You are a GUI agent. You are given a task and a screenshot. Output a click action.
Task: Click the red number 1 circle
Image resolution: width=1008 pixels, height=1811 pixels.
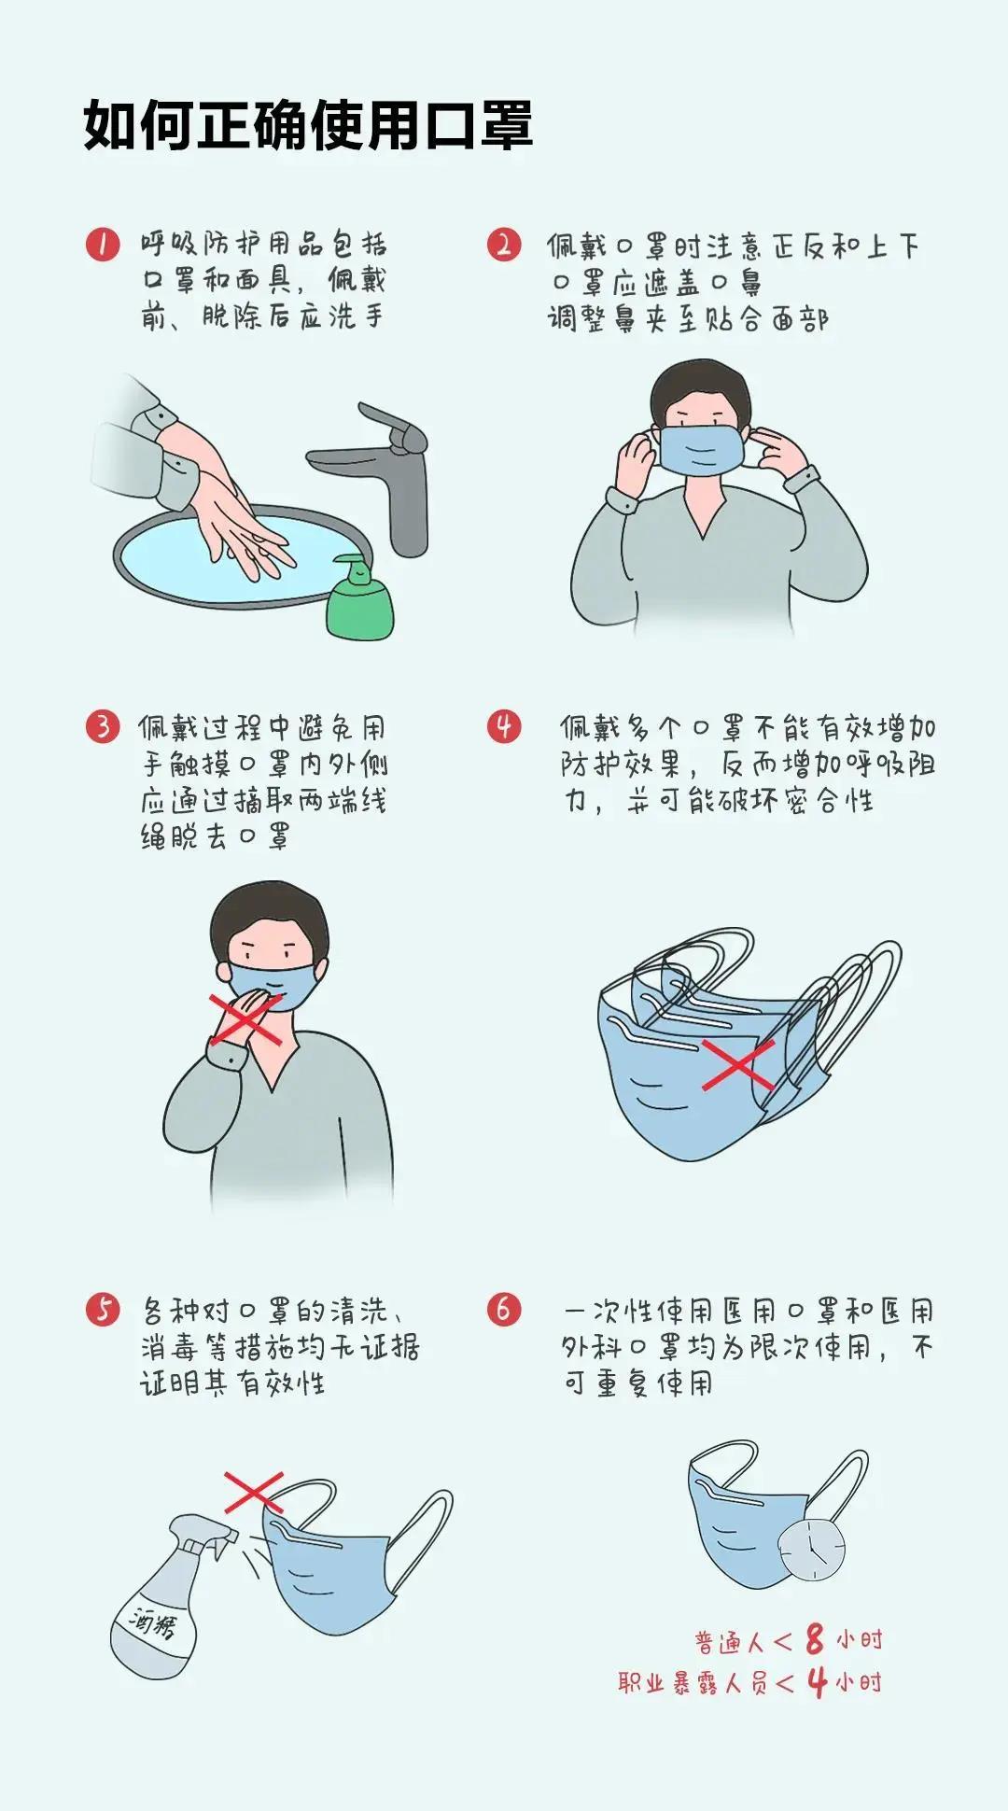pyautogui.click(x=103, y=245)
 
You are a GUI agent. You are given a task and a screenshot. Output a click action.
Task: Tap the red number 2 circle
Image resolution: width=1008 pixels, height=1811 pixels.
pyautogui.click(x=504, y=245)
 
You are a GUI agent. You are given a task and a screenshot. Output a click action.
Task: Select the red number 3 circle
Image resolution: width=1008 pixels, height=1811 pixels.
pyautogui.click(x=103, y=726)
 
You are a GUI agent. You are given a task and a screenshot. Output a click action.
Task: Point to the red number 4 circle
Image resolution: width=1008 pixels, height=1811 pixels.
pyautogui.click(x=504, y=726)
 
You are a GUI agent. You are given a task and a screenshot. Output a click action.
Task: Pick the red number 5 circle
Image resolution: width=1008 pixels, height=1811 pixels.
pyautogui.click(x=103, y=1309)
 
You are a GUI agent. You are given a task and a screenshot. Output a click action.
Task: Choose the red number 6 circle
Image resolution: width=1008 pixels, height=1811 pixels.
pyautogui.click(x=504, y=1309)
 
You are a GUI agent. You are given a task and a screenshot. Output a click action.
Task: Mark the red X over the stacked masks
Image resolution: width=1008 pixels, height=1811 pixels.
pyautogui.click(x=737, y=1064)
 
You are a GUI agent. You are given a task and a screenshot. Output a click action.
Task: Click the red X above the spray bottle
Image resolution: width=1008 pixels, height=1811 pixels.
pyautogui.click(x=254, y=1492)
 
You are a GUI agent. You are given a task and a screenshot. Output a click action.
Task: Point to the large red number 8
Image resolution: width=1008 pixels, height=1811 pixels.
pyautogui.click(x=815, y=1639)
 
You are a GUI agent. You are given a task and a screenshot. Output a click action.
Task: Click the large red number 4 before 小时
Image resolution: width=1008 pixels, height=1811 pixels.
pyautogui.click(x=818, y=1682)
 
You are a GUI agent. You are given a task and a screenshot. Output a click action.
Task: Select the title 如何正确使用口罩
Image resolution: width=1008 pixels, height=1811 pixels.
pyautogui.click(x=308, y=125)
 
